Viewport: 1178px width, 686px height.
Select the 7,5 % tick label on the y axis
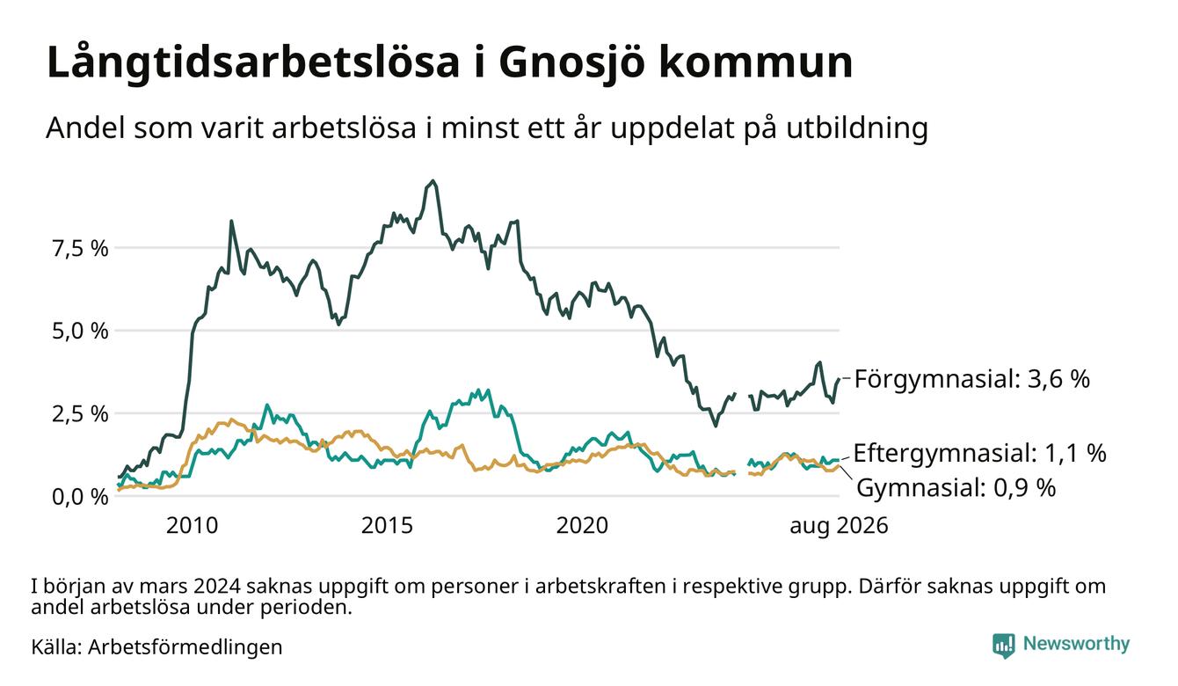(x=80, y=248)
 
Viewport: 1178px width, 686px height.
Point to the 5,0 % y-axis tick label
(x=80, y=332)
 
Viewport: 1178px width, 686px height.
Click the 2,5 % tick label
(x=80, y=414)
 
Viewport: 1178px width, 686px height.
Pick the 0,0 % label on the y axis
(x=80, y=497)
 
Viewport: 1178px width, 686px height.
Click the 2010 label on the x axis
(x=192, y=526)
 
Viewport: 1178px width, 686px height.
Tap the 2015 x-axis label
(x=387, y=526)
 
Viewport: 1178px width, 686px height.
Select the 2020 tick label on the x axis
(x=582, y=526)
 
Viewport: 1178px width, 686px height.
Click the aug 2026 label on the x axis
(x=839, y=526)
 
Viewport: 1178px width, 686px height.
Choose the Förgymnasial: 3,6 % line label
(x=972, y=379)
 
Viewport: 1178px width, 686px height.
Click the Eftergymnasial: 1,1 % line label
(x=979, y=454)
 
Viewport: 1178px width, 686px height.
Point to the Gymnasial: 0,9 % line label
(x=956, y=488)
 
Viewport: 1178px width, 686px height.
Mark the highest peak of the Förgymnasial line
(x=433, y=181)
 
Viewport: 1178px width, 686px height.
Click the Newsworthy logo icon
(x=1003, y=646)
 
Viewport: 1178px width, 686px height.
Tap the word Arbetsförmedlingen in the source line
(x=185, y=647)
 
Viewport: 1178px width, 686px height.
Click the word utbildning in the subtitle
(x=857, y=129)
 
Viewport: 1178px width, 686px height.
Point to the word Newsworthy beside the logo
(x=1076, y=644)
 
